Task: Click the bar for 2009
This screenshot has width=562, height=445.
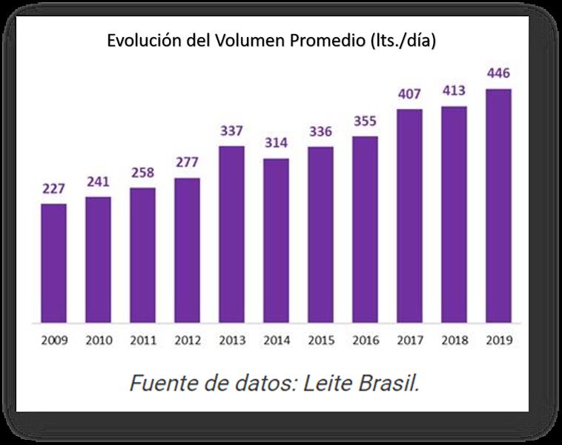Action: coord(53,263)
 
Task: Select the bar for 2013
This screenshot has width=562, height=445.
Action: coord(232,234)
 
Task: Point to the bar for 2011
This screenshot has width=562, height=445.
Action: coord(142,255)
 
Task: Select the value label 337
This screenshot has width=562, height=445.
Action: coord(232,131)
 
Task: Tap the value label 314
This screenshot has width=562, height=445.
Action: coord(277,143)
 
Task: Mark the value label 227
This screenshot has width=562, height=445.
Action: coord(53,188)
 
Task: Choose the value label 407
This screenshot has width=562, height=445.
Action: coord(410,94)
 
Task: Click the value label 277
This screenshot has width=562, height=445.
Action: coord(188,162)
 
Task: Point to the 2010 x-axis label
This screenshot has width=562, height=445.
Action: coord(99,341)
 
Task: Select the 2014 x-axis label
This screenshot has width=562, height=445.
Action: coord(277,341)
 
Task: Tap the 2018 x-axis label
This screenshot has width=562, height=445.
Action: coord(454,341)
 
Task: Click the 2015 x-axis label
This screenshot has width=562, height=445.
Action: coord(321,341)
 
